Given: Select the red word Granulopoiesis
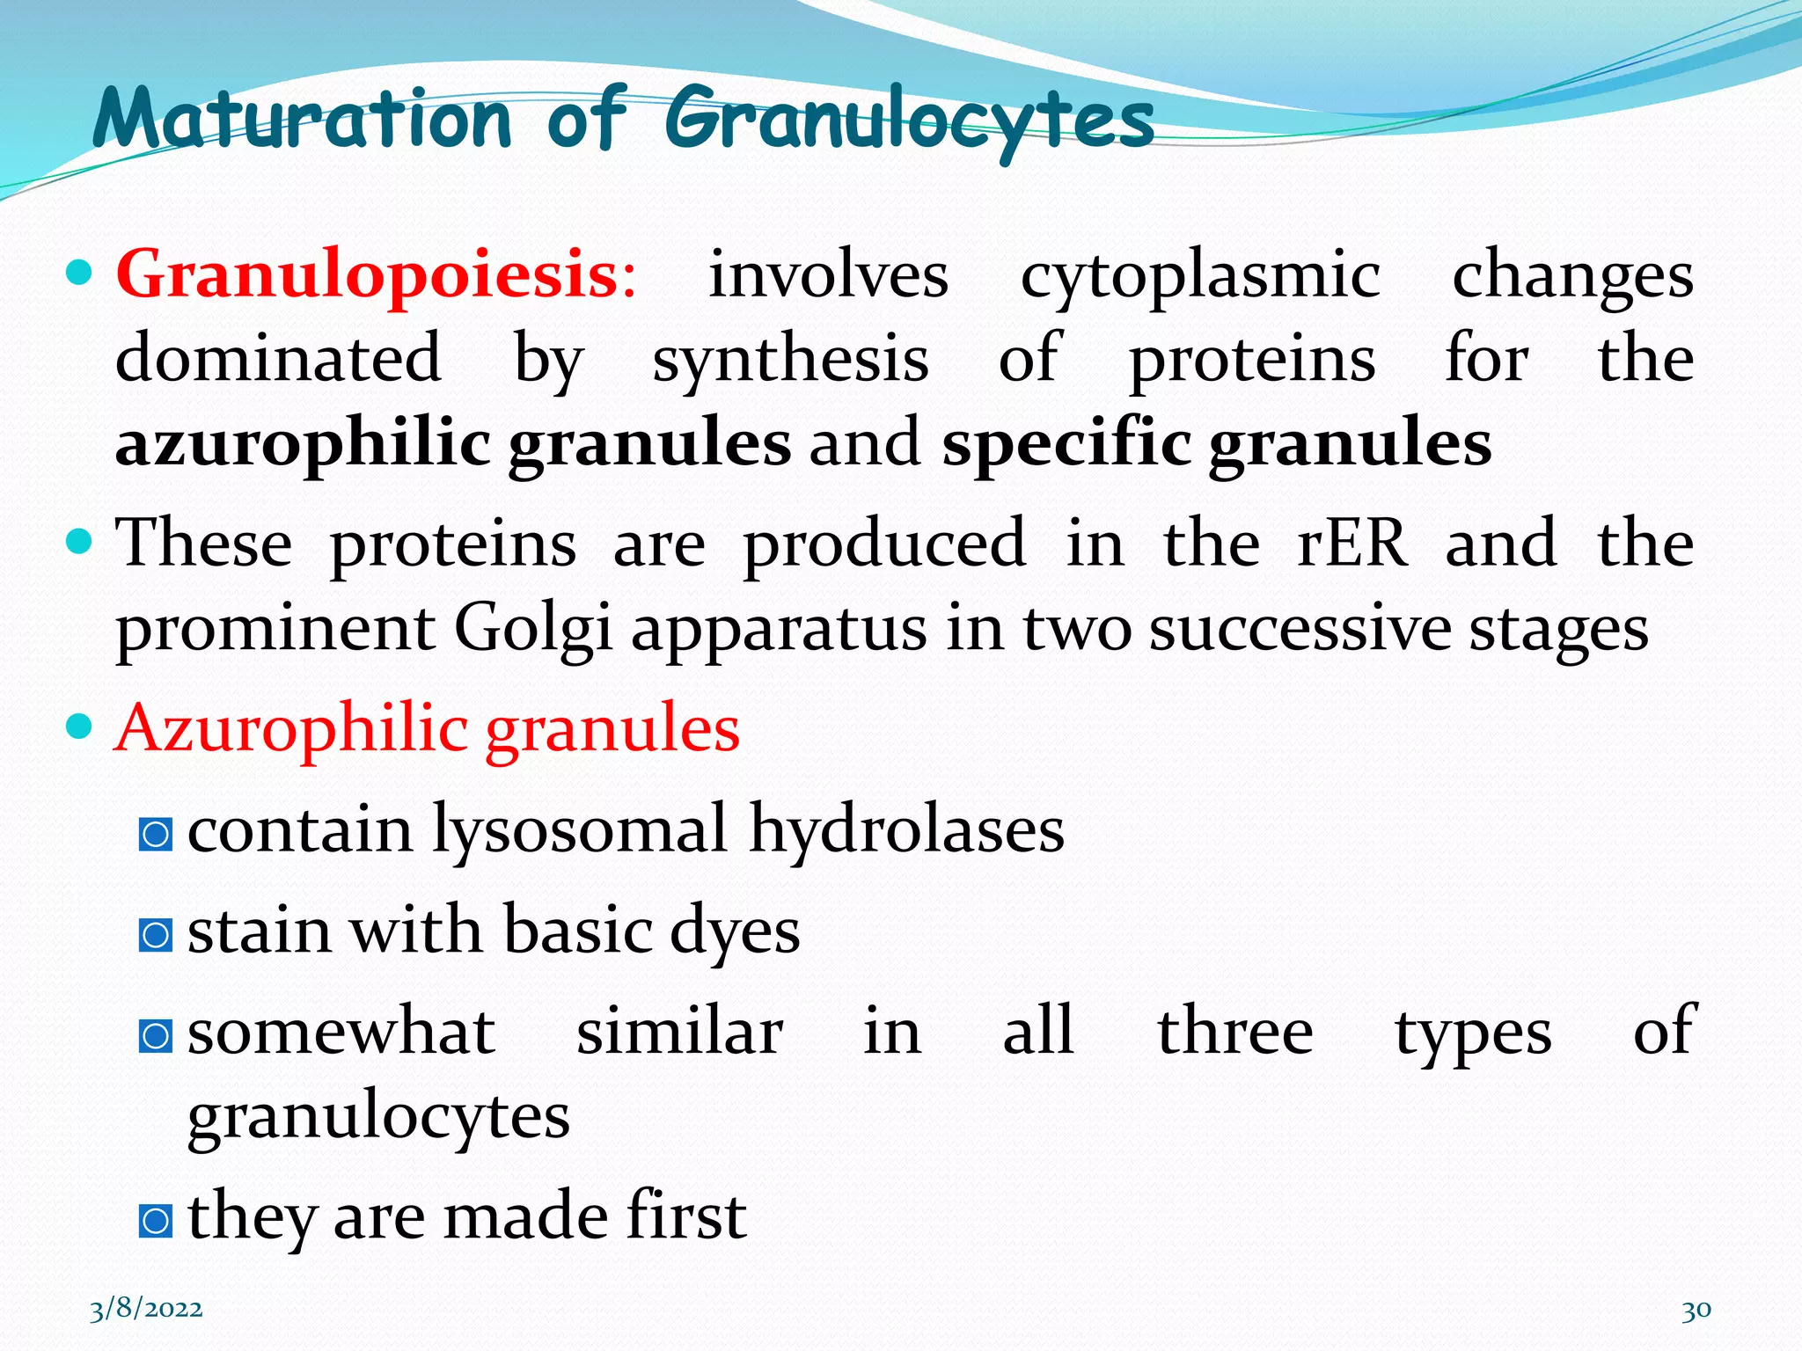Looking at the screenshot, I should [x=368, y=275].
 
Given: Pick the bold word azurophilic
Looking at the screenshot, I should [x=303, y=444].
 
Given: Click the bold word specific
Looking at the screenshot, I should [x=1066, y=444].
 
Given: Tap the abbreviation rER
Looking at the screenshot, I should [x=1351, y=544].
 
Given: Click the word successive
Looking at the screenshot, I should [x=1300, y=630].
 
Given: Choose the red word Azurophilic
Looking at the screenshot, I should [x=291, y=730].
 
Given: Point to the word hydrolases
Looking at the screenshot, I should [x=906, y=829].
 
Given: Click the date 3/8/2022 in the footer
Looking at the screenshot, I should [x=146, y=1309].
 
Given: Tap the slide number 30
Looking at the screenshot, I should [x=1696, y=1310].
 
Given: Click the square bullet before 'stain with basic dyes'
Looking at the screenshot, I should [x=156, y=935].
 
